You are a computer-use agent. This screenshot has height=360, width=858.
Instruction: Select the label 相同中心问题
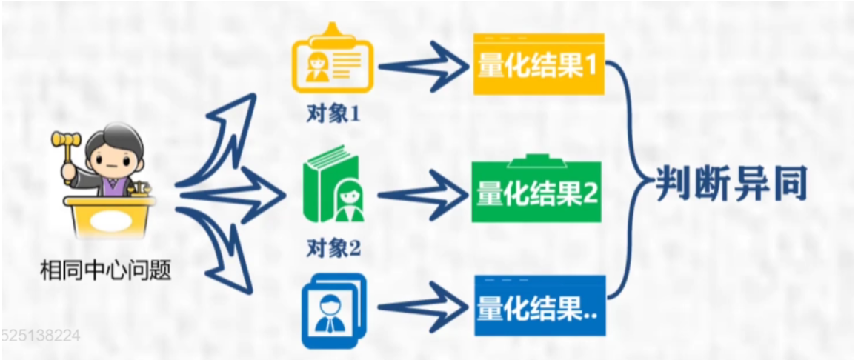click(x=106, y=271)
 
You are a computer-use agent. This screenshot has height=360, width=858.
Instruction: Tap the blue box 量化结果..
click(x=539, y=307)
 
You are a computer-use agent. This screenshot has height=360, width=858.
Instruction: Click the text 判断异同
click(x=731, y=185)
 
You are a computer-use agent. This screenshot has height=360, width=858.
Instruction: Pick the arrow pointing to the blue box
click(x=419, y=307)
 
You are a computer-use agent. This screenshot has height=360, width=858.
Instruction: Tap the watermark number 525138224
click(x=41, y=336)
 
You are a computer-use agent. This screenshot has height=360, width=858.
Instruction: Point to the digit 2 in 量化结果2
click(x=590, y=193)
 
